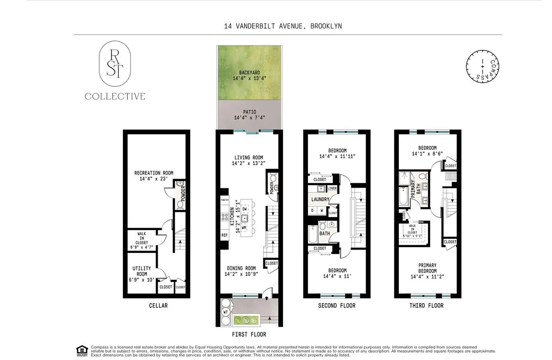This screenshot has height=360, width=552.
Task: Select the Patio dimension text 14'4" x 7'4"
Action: (249, 118)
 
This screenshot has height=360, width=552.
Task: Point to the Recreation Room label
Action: (154, 175)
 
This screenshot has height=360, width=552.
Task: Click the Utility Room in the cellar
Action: (141, 274)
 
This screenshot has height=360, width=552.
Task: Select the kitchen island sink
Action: (244, 218)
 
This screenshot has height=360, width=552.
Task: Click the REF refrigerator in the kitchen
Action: (224, 235)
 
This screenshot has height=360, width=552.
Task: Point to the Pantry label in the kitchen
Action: (224, 199)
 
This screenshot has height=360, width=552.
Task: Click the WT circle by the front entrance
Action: (225, 311)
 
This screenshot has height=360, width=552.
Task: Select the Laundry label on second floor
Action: (320, 199)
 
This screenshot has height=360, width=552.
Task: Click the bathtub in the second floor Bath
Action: (312, 234)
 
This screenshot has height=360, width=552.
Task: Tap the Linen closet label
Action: (332, 188)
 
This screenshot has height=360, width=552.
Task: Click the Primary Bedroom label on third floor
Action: (427, 268)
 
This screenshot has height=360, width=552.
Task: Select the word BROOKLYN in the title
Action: (326, 26)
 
